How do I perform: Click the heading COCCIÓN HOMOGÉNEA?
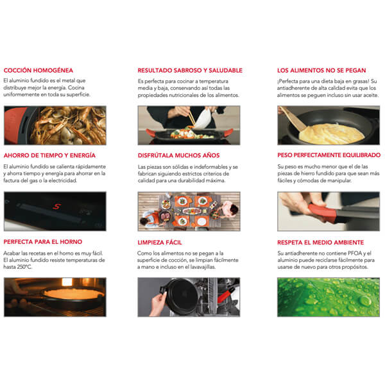[38, 70]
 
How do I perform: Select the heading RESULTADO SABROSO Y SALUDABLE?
[190, 70]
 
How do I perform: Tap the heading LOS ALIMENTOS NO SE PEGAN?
[321, 70]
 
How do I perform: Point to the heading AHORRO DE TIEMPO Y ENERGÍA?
[49, 155]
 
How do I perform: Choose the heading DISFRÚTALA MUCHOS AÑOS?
[179, 155]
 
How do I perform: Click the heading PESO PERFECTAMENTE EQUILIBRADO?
[329, 155]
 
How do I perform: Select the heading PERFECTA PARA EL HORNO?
[43, 242]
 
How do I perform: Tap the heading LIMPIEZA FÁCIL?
[160, 243]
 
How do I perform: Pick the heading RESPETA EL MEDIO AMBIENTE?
[321, 243]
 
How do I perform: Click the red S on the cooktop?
[56, 207]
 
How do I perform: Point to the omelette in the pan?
[332, 133]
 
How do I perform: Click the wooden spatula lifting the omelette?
[293, 118]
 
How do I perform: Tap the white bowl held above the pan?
[202, 119]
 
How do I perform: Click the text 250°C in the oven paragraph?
[24, 267]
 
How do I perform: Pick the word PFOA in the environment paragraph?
[354, 253]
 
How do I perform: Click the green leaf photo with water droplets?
[329, 297]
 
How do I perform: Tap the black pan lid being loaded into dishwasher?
[181, 296]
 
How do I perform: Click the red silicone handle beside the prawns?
[15, 125]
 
